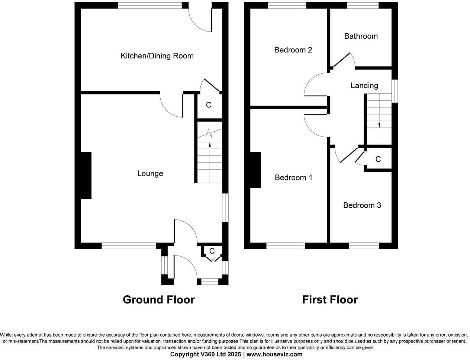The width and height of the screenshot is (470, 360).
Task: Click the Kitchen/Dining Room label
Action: point(157,56)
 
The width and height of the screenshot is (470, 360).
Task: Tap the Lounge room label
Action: point(150,173)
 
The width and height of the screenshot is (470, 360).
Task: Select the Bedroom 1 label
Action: point(293,177)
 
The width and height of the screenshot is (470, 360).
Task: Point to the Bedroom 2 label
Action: point(293,50)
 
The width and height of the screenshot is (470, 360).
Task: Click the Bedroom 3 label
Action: point(362,205)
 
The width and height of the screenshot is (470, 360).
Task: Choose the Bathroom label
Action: point(361,36)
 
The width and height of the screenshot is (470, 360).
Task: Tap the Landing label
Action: point(364,86)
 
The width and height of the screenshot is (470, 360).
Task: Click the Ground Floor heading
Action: point(159,300)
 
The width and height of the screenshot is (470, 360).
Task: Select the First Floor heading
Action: point(330,300)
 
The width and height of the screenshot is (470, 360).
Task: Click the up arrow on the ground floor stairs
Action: point(210,145)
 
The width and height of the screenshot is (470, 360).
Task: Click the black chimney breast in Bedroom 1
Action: point(255,170)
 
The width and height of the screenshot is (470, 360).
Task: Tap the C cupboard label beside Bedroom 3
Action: point(378,160)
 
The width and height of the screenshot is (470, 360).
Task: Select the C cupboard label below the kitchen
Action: point(209,105)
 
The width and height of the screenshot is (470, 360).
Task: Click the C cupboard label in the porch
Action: point(212,251)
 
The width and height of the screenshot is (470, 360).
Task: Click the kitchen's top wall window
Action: point(150,5)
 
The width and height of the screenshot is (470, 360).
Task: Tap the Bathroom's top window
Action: point(363,5)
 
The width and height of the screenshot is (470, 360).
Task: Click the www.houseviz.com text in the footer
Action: point(274,354)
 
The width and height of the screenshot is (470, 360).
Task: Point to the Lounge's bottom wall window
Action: point(129,246)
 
